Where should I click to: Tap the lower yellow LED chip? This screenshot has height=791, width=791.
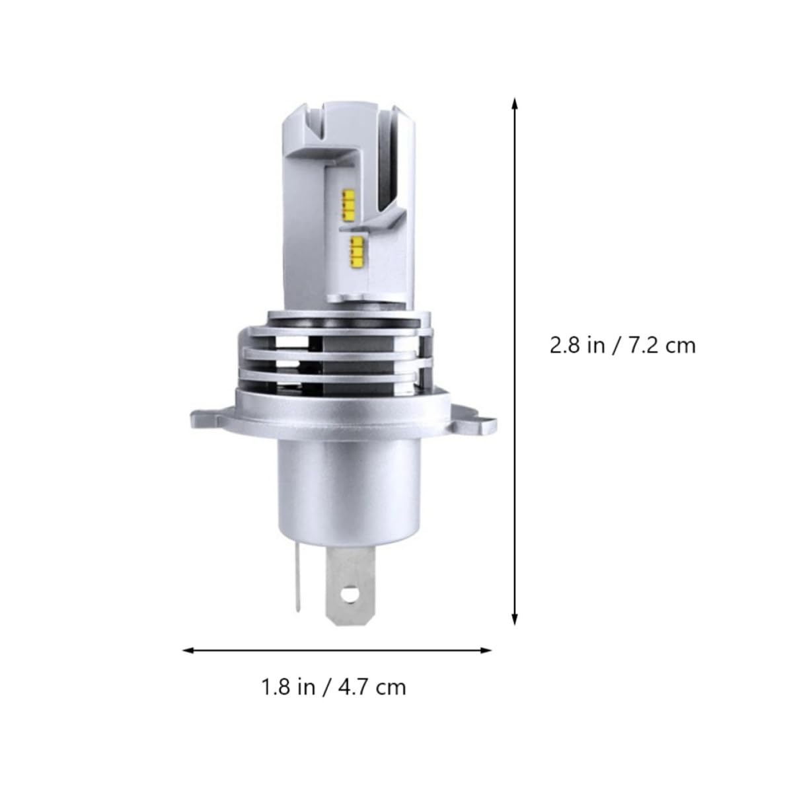point(357,251)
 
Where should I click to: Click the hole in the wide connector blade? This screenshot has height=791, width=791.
point(349,595)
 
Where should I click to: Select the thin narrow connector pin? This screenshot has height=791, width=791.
point(298,575)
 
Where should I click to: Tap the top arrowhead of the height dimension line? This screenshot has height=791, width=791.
point(515,103)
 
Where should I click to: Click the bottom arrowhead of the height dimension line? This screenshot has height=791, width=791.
point(515,619)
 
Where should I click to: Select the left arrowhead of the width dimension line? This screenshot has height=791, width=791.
point(188,650)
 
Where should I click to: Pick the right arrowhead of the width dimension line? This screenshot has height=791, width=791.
point(486,650)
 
